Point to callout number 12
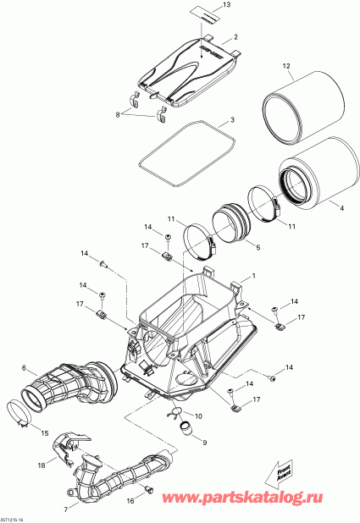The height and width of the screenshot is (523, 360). pyautogui.click(x=286, y=66)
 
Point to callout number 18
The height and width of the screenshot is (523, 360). pyautogui.click(x=41, y=465)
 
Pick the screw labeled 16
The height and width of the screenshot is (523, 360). pyautogui.click(x=147, y=490)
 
